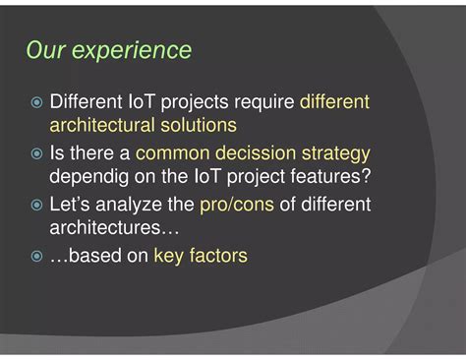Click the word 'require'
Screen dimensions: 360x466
click(x=262, y=102)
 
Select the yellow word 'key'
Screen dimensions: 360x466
click(x=168, y=256)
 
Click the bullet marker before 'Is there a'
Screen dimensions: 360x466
click(x=35, y=153)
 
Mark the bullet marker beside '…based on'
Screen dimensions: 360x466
click(x=35, y=256)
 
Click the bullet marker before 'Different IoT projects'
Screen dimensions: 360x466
click(x=35, y=102)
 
